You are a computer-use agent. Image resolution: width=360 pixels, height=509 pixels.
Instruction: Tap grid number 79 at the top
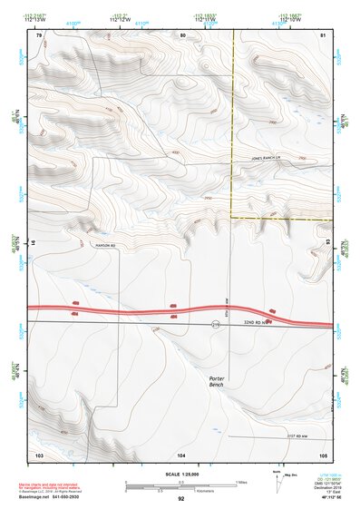click(x=39, y=34)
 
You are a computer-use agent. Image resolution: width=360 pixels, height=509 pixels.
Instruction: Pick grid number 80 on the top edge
click(x=182, y=34)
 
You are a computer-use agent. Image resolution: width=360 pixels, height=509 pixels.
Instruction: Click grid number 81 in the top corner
click(x=324, y=34)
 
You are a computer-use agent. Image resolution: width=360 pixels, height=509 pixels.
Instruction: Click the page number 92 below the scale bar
click(x=181, y=498)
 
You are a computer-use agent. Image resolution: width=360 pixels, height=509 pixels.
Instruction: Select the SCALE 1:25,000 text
click(x=180, y=475)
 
